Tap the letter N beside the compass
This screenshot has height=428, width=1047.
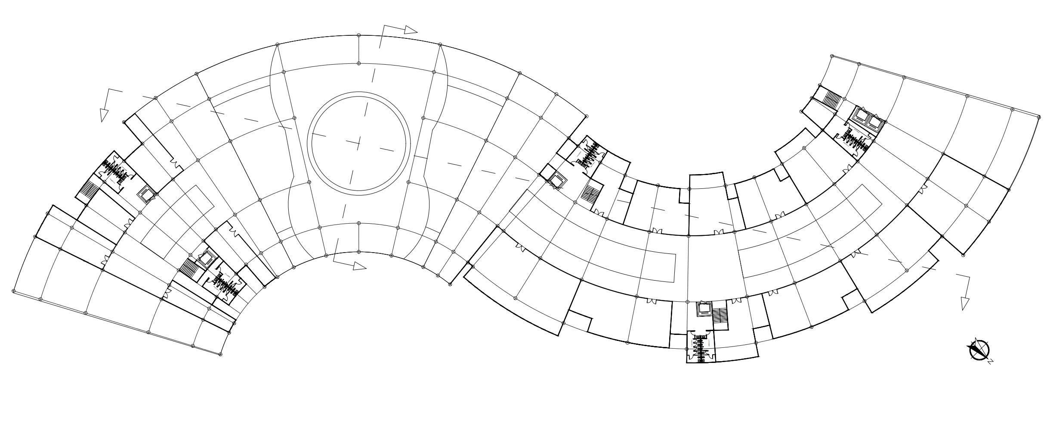tap(990, 362)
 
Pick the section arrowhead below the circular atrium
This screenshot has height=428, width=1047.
tap(359, 266)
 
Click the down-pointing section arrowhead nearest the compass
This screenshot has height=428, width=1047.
tap(965, 304)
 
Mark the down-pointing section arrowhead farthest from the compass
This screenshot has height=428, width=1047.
tap(104, 115)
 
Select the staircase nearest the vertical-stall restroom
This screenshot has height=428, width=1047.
tap(719, 316)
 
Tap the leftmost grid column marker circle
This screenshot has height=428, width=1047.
tap(14, 291)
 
